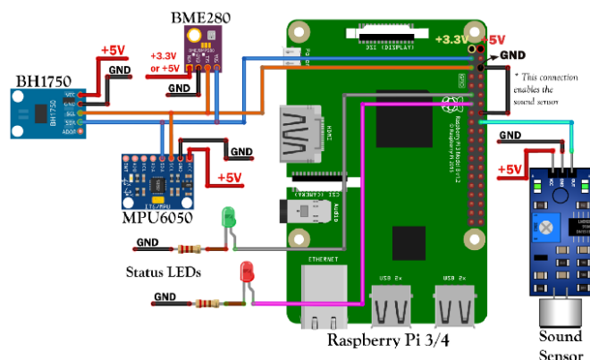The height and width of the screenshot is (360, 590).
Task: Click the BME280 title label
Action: tap(201, 17)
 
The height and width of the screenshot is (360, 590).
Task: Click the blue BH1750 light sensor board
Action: tap(50, 113)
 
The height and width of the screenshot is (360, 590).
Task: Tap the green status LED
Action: tap(228, 216)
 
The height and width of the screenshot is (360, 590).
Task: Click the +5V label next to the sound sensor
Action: tap(510, 170)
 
